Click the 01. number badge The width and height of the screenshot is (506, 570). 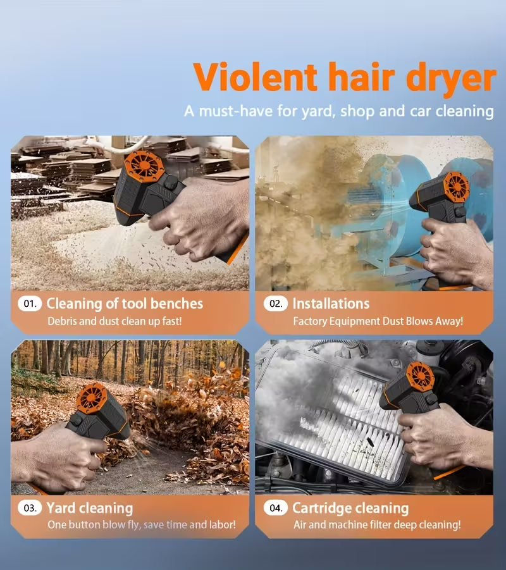tap(30, 304)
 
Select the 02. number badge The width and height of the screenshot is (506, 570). tap(276, 304)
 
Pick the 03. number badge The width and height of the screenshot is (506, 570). tap(30, 508)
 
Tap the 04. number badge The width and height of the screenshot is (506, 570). tap(276, 508)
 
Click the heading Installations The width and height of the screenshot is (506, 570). tap(331, 304)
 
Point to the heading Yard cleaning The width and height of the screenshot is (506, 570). tap(90, 508)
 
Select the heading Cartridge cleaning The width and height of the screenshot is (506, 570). tap(350, 508)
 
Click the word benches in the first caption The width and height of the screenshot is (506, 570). tap(176, 304)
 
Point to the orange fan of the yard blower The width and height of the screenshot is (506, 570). tap(92, 400)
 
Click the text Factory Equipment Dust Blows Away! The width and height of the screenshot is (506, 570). tap(378, 321)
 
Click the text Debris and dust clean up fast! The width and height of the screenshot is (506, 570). tap(114, 321)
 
